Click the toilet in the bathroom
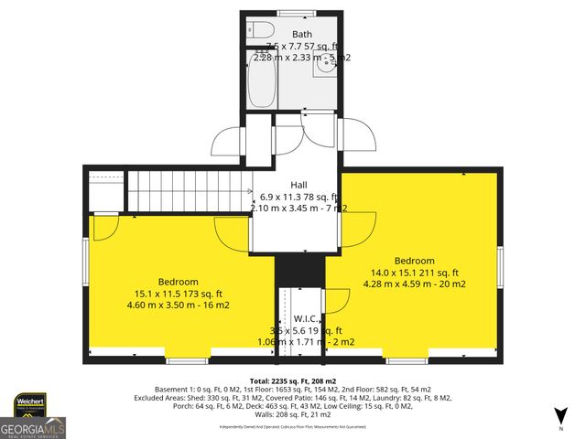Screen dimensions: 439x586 point(258,28)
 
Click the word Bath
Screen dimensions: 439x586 point(301,35)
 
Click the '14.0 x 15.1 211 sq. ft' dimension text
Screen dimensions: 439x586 point(414,273)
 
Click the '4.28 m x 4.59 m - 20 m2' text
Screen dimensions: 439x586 point(414,284)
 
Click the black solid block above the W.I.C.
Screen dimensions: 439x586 point(300,271)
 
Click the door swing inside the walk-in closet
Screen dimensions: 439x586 point(335,302)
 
